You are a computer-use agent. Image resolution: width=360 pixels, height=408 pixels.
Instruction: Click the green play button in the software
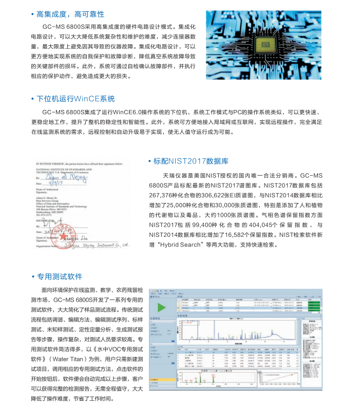click(162, 308)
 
